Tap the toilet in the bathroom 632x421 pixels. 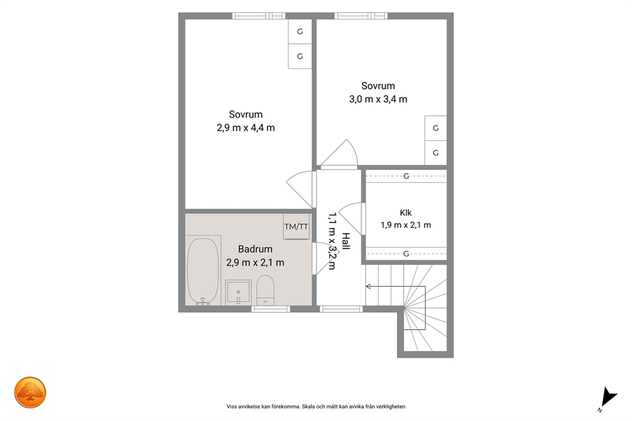(265, 290)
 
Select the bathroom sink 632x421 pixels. (238, 292)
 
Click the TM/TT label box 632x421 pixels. (296, 227)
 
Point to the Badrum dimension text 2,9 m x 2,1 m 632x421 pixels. (255, 262)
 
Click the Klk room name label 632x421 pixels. (406, 213)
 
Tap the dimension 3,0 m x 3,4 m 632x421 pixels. (378, 99)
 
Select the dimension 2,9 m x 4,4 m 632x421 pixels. (246, 128)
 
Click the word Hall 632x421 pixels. (346, 241)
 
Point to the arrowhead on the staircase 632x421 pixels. (368, 287)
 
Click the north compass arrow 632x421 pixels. (608, 397)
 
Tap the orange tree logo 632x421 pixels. (30, 392)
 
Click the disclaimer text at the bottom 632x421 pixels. (316, 406)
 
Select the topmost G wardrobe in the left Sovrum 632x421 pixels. (300, 31)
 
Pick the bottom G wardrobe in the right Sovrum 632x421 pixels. (436, 153)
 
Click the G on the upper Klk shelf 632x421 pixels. (406, 176)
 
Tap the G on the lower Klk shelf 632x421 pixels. (406, 253)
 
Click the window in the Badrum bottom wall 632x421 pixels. (271, 309)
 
